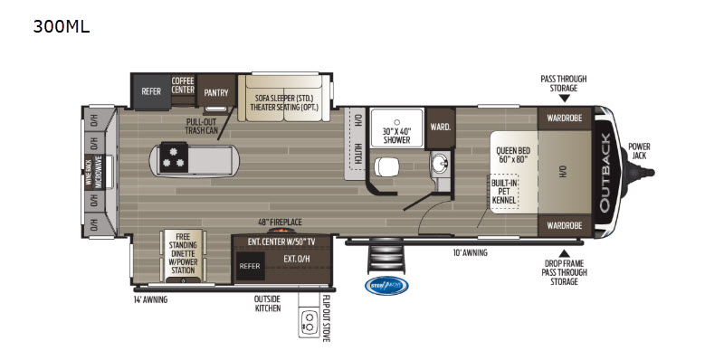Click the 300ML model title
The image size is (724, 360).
(62, 26)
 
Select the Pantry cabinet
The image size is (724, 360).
(215, 91)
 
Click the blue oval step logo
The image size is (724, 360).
(386, 286)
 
